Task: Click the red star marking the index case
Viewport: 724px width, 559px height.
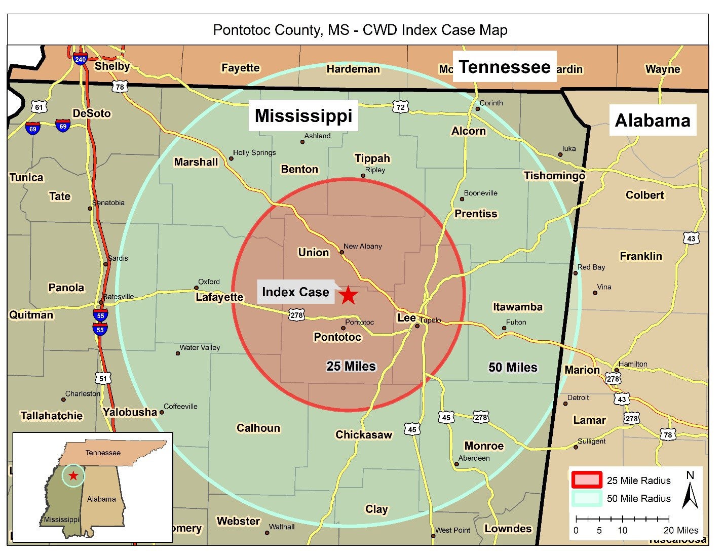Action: (348, 295)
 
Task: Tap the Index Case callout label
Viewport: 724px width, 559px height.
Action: (295, 292)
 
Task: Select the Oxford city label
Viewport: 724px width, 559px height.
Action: (209, 282)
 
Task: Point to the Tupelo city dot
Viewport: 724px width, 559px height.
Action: (417, 326)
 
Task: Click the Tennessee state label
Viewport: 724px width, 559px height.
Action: (504, 67)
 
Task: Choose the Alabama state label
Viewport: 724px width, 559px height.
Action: (652, 121)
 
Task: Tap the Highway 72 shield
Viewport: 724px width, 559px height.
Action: (400, 107)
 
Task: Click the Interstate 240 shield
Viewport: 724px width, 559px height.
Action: (80, 59)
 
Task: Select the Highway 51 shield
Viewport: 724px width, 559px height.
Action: (103, 378)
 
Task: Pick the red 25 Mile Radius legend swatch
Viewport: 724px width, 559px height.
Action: (586, 480)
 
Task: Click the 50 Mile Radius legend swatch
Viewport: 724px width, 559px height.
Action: (586, 498)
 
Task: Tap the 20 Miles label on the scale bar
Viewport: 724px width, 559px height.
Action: (680, 530)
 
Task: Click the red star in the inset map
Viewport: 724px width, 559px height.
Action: (73, 475)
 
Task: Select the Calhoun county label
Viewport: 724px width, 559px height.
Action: (258, 428)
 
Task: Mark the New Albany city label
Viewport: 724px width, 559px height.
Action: (363, 246)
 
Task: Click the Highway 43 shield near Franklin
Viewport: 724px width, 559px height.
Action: (691, 238)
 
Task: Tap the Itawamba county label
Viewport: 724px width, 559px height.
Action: (517, 307)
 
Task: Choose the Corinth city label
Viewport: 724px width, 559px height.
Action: (491, 103)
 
